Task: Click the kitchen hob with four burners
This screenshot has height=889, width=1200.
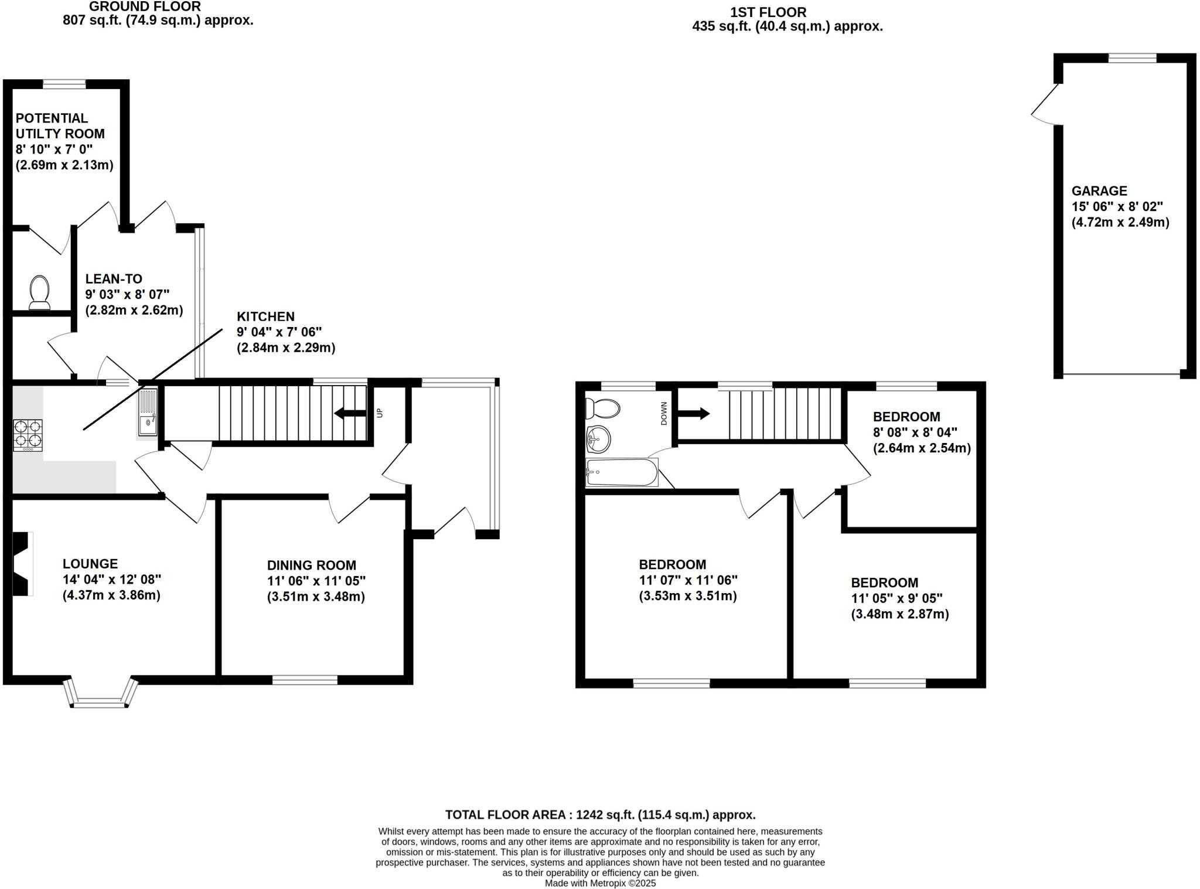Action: point(28,434)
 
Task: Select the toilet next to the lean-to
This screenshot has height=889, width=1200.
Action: point(39,292)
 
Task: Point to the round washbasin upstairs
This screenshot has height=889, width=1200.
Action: point(598,438)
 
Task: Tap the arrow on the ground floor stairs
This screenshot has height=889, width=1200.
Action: point(350,414)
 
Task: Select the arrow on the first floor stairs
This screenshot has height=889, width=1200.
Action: point(694,414)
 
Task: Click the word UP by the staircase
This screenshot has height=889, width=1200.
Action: point(379,413)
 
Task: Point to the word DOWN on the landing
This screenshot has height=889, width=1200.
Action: point(664,413)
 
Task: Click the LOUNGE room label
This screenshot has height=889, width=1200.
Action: point(90,564)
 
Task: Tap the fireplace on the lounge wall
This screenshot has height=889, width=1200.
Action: point(22,564)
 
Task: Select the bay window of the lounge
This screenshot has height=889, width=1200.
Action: point(101,696)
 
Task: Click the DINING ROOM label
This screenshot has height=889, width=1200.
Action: point(311,566)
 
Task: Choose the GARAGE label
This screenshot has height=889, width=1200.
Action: point(1099,191)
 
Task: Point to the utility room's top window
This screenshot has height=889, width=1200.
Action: point(64,84)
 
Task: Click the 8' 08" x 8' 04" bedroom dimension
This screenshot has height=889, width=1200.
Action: point(915,432)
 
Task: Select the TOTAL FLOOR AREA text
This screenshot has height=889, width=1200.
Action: point(600,815)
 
